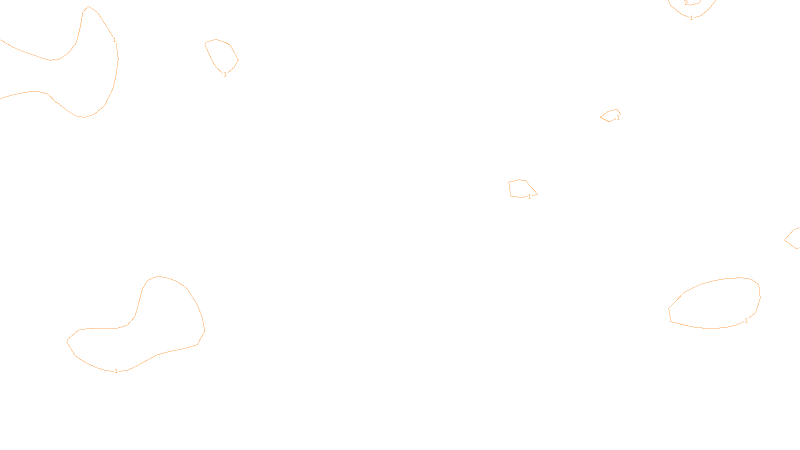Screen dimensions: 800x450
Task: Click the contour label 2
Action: click(x=686, y=3)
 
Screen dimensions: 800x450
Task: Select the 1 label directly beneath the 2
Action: click(x=691, y=18)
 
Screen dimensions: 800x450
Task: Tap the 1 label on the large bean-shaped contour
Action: click(x=116, y=371)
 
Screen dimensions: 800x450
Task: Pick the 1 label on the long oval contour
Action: click(x=746, y=320)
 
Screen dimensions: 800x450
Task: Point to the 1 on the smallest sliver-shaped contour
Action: click(x=618, y=117)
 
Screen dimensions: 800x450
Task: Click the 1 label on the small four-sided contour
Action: click(x=529, y=196)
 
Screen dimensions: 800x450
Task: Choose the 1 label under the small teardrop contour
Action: click(x=225, y=74)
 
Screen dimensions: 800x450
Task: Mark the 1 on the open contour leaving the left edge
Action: click(x=114, y=39)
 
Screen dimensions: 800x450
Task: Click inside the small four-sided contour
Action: click(x=520, y=188)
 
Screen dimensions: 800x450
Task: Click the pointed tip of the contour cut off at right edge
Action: click(x=785, y=240)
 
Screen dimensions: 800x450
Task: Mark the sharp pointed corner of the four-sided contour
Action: click(x=537, y=193)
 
